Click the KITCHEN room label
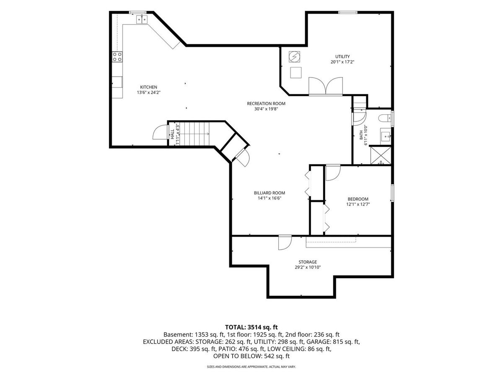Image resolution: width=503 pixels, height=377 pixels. coord(148,87)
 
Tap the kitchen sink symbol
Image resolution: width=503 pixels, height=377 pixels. coord(142,19)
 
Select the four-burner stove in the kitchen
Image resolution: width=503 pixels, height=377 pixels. coord(117,57)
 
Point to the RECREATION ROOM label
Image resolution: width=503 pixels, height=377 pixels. coord(266,103)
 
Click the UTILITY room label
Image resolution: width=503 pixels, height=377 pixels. coord(342,56)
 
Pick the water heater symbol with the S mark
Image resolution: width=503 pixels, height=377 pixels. coord(295,57)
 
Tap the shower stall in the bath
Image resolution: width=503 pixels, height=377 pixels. coord(381,155)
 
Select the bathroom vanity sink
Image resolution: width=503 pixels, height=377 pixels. coord(386,136)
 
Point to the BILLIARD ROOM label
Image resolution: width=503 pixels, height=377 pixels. coord(270,193)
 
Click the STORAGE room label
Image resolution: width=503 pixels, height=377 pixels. coord(308,262)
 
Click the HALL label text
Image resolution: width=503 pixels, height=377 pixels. coord(172,134)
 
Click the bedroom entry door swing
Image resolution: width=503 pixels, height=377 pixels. coord(333,173)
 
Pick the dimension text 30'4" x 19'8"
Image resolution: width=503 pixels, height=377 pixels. coord(266,109)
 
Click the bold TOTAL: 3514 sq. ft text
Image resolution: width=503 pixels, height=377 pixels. coord(251,327)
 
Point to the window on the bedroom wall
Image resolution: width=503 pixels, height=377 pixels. coord(392,193)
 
